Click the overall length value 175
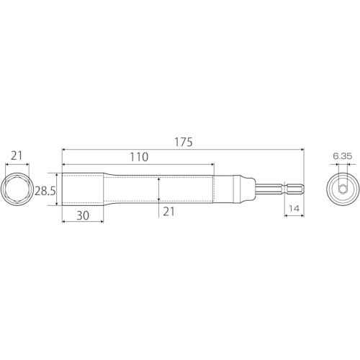(183, 142)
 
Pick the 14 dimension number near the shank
(292, 209)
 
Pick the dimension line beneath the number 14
(293, 217)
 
